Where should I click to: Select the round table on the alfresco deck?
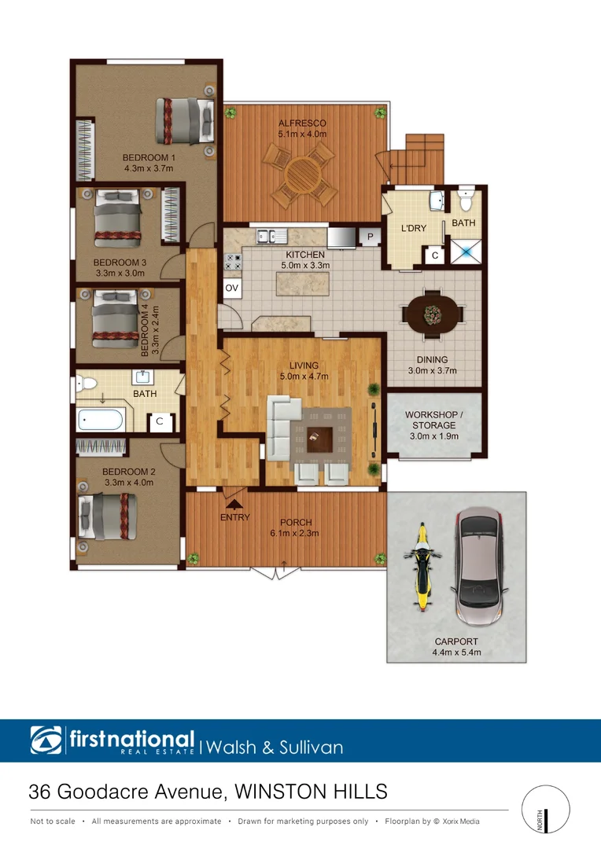click(302, 172)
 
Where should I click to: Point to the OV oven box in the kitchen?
click(232, 289)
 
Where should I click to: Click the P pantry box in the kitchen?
click(369, 237)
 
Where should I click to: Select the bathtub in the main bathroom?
click(100, 419)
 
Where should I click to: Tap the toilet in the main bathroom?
click(86, 384)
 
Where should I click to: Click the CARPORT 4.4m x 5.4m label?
click(456, 647)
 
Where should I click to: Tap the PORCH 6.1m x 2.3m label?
click(296, 527)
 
